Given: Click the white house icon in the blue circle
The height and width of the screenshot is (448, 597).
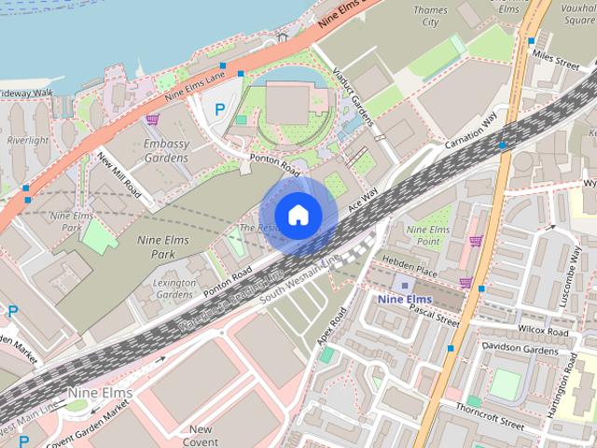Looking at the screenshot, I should (298, 215).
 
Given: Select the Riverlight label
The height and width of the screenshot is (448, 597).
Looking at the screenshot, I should (27, 140).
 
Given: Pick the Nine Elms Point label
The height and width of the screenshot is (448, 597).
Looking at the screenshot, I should (428, 235).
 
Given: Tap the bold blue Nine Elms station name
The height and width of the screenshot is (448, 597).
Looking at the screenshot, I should (404, 299).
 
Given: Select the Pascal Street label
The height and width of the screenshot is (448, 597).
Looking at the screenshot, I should (434, 314).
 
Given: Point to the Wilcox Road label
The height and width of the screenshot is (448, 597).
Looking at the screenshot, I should (545, 331).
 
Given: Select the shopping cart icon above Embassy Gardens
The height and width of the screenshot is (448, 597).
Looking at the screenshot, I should (152, 119).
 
